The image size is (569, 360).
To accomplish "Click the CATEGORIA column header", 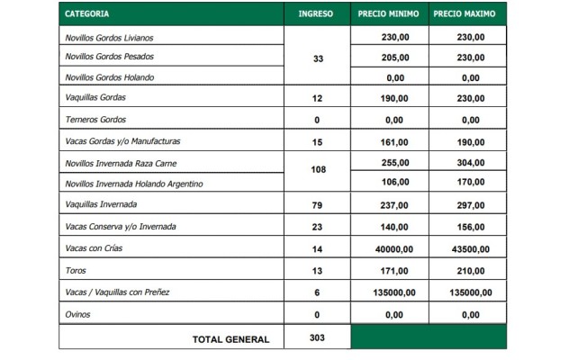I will [88, 14].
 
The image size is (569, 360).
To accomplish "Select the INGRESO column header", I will [315, 14].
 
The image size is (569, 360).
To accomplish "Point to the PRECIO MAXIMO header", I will [467, 14].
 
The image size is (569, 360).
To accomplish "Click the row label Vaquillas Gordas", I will [96, 98].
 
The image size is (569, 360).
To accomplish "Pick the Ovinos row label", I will [78, 315].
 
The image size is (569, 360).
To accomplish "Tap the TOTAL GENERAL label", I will [230, 339].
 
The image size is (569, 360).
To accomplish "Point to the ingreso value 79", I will [316, 205].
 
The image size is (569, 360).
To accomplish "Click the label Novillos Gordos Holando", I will [109, 77].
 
